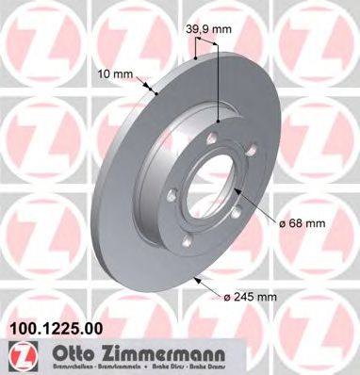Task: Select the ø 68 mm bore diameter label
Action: click(x=303, y=223)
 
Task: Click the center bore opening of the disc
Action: click(x=213, y=179)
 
